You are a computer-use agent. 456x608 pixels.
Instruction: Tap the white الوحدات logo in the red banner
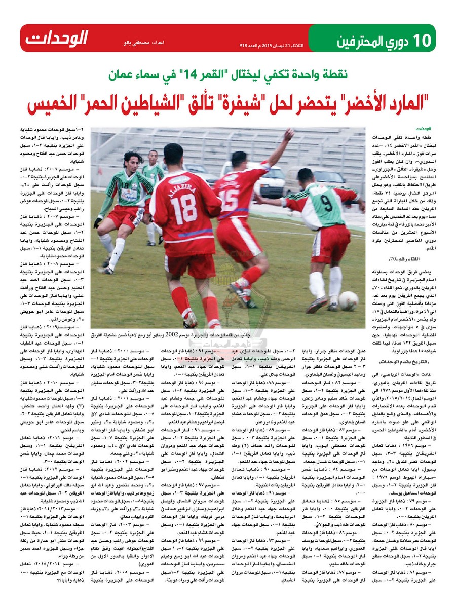(x=57, y=38)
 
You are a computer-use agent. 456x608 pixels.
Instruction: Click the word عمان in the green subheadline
(x=125, y=75)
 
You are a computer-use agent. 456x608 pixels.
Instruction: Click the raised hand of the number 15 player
(x=289, y=134)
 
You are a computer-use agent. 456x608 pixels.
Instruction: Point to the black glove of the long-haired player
(x=97, y=222)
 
